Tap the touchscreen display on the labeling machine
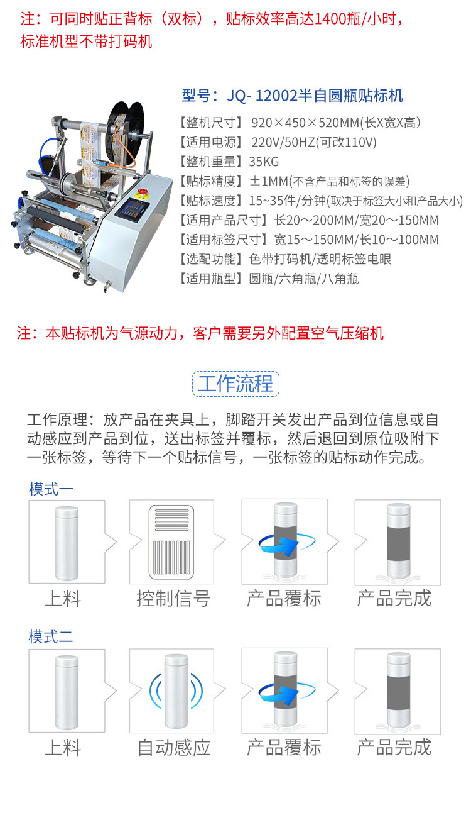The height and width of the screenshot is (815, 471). [132, 210]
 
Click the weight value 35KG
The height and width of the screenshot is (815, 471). [264, 162]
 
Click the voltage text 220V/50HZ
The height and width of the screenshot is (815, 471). [283, 142]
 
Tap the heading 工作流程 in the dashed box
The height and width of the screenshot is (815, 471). [235, 384]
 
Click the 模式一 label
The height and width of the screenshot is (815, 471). [51, 489]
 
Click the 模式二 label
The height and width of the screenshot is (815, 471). [51, 636]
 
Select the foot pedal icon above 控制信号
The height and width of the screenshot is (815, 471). [171, 541]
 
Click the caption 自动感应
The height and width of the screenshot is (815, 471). [174, 748]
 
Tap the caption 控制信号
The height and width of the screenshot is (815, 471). [173, 599]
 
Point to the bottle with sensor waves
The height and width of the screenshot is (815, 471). [176, 691]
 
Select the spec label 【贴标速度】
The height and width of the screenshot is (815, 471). [211, 201]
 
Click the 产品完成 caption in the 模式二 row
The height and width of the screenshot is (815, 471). [394, 748]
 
